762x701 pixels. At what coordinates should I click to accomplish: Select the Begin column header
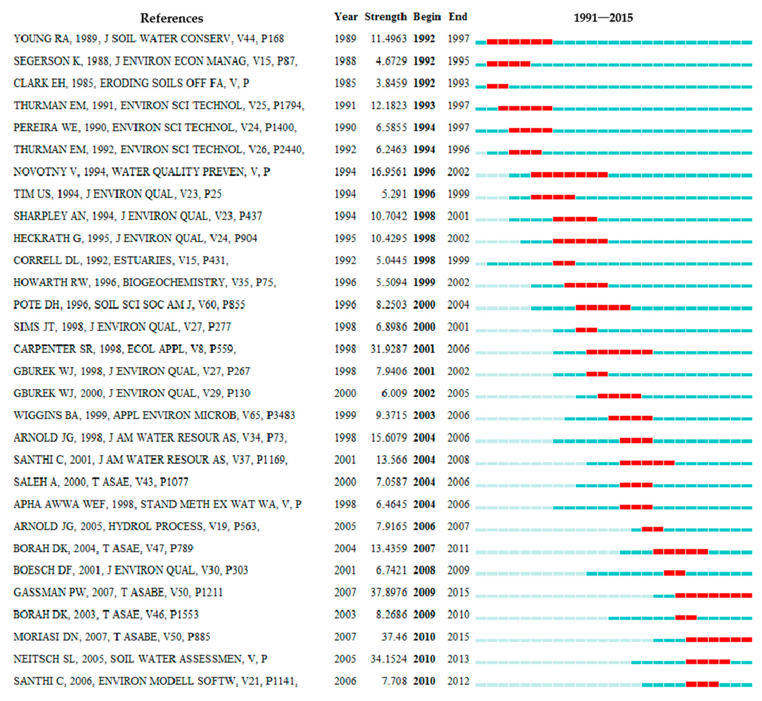427,17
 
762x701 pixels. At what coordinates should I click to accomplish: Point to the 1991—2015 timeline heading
603,18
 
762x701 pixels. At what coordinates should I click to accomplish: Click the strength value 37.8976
388,593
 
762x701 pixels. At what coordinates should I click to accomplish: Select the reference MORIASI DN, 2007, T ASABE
112,637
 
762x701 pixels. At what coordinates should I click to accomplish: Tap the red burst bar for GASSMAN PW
713,596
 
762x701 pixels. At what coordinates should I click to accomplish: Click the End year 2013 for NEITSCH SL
458,659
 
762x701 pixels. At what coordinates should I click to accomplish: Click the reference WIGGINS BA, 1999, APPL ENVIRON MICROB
154,415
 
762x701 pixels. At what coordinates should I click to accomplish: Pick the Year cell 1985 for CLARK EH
345,83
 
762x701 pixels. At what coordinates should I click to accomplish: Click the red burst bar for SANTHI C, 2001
647,463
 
